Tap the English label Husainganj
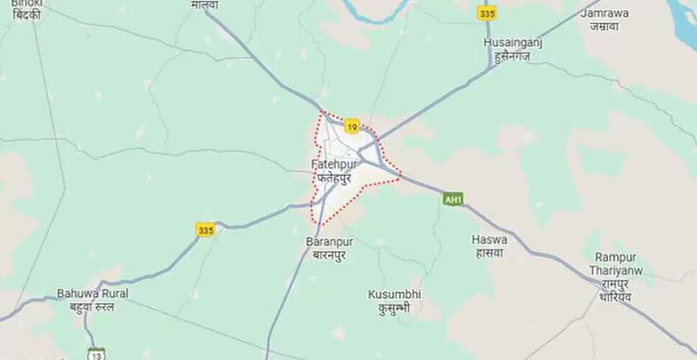[513, 43]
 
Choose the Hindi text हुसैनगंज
[513, 55]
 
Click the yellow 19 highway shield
[351, 127]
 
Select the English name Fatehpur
[334, 164]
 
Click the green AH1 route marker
[452, 199]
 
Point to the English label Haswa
[490, 239]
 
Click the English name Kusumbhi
[395, 294]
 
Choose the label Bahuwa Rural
[93, 294]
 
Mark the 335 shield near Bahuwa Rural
[205, 230]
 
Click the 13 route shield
[96, 353]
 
